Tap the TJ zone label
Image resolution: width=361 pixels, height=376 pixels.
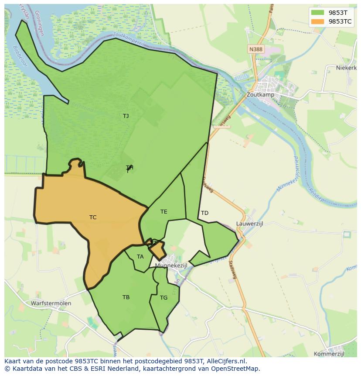[x=126, y=116]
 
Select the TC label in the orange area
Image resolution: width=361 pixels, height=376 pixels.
[x=93, y=217]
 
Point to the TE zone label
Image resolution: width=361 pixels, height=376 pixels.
[x=163, y=212]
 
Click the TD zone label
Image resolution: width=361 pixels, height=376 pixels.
[x=204, y=213]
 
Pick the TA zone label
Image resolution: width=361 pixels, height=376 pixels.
[x=140, y=257]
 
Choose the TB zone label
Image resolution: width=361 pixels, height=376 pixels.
[x=126, y=297]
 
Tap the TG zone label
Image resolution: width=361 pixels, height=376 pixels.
[x=163, y=298]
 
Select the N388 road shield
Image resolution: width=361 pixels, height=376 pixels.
[x=256, y=49]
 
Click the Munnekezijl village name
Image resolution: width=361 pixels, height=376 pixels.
[x=171, y=266]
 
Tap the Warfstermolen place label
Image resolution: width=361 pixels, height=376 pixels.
[x=51, y=303]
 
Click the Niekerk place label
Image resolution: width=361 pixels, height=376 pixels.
[x=347, y=68]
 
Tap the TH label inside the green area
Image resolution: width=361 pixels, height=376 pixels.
[x=129, y=168]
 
